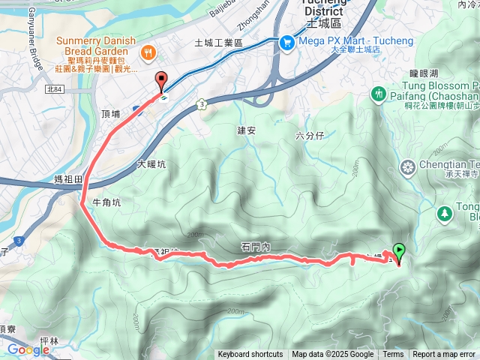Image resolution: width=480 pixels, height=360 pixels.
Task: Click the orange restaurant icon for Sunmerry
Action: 148,52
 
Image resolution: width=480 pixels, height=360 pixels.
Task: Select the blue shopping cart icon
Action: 286,43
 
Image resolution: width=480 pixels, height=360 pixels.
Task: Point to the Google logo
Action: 28,349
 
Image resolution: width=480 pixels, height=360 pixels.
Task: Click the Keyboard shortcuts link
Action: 250,355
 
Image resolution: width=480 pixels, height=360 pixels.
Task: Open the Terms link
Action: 393,355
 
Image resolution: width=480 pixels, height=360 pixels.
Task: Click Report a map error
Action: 445,355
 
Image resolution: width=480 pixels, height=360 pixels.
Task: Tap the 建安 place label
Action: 247,130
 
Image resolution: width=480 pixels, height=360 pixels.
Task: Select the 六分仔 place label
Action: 309,136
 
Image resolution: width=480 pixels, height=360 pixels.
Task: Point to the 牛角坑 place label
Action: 106,202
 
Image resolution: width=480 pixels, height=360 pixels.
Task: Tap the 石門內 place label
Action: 256,247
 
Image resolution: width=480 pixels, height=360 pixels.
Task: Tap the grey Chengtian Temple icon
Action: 408,166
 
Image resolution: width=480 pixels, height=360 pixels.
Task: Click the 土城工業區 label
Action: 219,43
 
